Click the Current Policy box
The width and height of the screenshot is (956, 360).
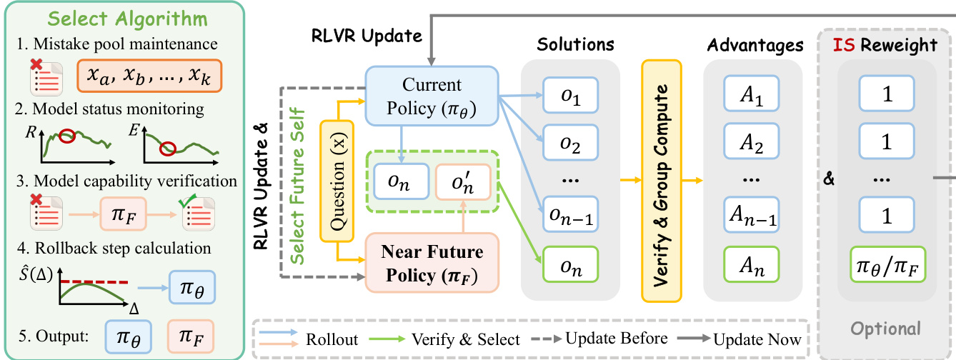pyautogui.click(x=432, y=96)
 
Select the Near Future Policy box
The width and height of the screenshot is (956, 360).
pyautogui.click(x=432, y=263)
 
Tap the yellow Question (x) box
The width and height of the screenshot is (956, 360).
pyautogui.click(x=337, y=181)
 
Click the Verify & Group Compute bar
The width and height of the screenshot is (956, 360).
pyautogui.click(x=661, y=181)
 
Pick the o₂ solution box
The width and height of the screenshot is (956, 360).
pyautogui.click(x=570, y=142)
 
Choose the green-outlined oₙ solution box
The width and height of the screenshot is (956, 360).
pyautogui.click(x=570, y=264)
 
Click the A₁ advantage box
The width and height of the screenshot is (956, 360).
pyautogui.click(x=751, y=94)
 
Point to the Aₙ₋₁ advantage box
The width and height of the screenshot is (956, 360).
pyautogui.click(x=751, y=214)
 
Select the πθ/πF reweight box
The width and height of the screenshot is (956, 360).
pyautogui.click(x=887, y=264)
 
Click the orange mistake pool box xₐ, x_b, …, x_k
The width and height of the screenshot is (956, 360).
pyautogui.click(x=149, y=76)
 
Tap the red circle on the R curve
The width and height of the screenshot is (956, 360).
pyautogui.click(x=66, y=136)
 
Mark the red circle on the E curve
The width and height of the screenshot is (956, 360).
pyautogui.click(x=167, y=149)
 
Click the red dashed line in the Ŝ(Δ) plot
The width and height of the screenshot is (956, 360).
pyautogui.click(x=94, y=282)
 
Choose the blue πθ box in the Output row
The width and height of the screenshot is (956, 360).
pyautogui.click(x=128, y=337)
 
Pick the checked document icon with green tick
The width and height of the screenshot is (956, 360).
pyautogui.click(x=198, y=211)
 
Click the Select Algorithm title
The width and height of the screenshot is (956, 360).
pyautogui.click(x=128, y=19)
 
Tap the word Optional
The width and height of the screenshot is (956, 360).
pyautogui.click(x=885, y=329)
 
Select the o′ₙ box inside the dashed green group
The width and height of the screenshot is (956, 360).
pyautogui.click(x=462, y=181)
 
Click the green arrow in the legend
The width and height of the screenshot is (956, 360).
pyautogui.click(x=387, y=339)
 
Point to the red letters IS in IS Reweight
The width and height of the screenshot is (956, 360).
pyautogui.click(x=844, y=44)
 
